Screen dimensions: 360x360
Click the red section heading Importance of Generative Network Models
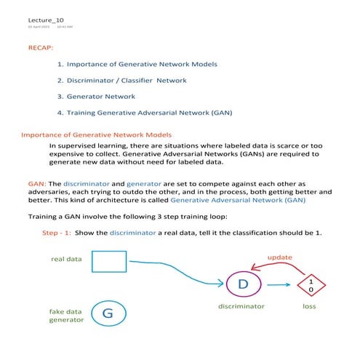point(96,135)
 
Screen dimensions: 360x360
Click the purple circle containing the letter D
point(244,284)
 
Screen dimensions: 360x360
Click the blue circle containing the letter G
point(108,314)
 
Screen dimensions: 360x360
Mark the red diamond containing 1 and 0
point(311,285)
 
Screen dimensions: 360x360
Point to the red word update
point(280,257)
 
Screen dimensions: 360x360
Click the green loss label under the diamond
point(309,307)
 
